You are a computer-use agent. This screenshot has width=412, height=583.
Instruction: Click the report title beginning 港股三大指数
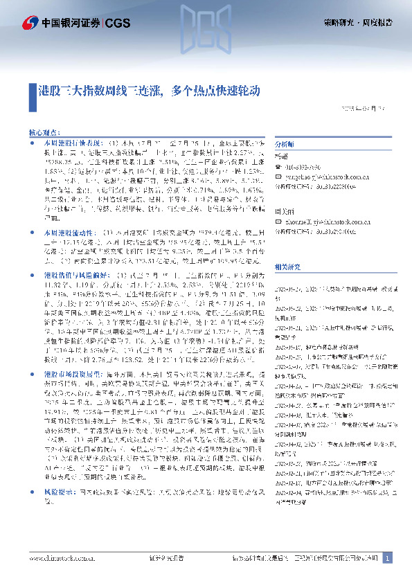click(149, 91)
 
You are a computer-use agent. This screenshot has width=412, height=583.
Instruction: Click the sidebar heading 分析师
click(285, 145)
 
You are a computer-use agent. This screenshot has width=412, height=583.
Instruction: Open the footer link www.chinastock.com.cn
click(61, 558)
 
